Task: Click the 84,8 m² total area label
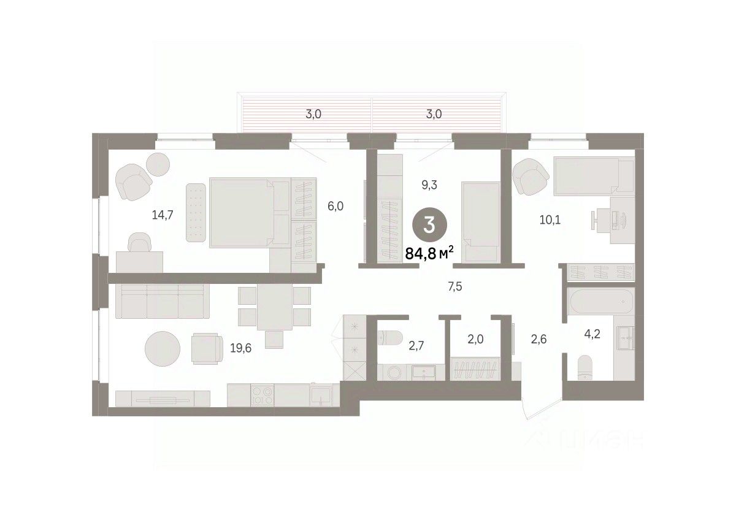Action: [x=429, y=253]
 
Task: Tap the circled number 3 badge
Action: [x=429, y=226]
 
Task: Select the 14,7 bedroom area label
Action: [x=163, y=215]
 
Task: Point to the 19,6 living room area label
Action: [x=240, y=348]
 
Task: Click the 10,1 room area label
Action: [x=550, y=220]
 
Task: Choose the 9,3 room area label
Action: [x=429, y=185]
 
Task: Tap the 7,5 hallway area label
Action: [x=454, y=287]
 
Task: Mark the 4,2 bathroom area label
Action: [x=592, y=334]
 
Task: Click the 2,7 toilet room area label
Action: [x=416, y=345]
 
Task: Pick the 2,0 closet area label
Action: [x=475, y=339]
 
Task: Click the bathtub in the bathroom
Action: [x=600, y=301]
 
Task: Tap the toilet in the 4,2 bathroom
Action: [x=585, y=368]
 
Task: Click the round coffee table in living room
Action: [x=163, y=349]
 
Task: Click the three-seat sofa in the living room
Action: [x=163, y=301]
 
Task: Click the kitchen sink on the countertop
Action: [x=321, y=395]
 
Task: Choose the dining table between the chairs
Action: [x=275, y=307]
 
